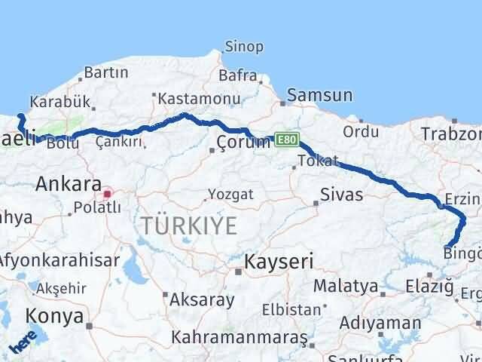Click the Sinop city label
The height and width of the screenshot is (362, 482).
pyautogui.click(x=244, y=47)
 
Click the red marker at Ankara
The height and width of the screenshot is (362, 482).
pyautogui.click(x=108, y=194)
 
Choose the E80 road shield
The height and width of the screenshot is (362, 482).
pyautogui.click(x=287, y=140)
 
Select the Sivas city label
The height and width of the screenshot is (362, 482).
pyautogui.click(x=341, y=195)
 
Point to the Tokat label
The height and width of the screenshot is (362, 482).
pyautogui.click(x=316, y=161)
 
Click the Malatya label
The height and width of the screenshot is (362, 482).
pyautogui.click(x=345, y=287)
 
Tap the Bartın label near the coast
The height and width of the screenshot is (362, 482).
pyautogui.click(x=106, y=73)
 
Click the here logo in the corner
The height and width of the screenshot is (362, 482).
pyautogui.click(x=23, y=344)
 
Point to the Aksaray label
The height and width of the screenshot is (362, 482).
pyautogui.click(x=202, y=299)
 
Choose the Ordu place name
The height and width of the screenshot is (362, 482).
pyautogui.click(x=361, y=131)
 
